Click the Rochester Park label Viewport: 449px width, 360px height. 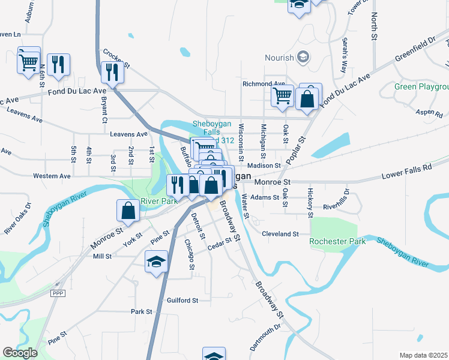click(x=337, y=241)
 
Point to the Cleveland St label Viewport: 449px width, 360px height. click(x=280, y=233)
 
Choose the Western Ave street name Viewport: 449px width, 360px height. click(x=52, y=176)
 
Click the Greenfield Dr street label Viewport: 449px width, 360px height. click(x=415, y=52)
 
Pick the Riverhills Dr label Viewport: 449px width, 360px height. click(x=341, y=206)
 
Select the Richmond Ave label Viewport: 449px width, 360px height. click(x=264, y=84)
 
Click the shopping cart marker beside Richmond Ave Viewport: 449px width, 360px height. click(x=282, y=96)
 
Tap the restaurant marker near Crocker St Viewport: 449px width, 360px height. click(x=112, y=73)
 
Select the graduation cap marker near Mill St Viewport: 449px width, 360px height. click(x=156, y=262)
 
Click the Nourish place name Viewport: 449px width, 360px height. click(x=280, y=58)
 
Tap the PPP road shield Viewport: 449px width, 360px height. click(x=58, y=293)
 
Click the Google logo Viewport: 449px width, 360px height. click(x=20, y=352)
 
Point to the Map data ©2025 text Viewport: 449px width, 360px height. click(x=424, y=355)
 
